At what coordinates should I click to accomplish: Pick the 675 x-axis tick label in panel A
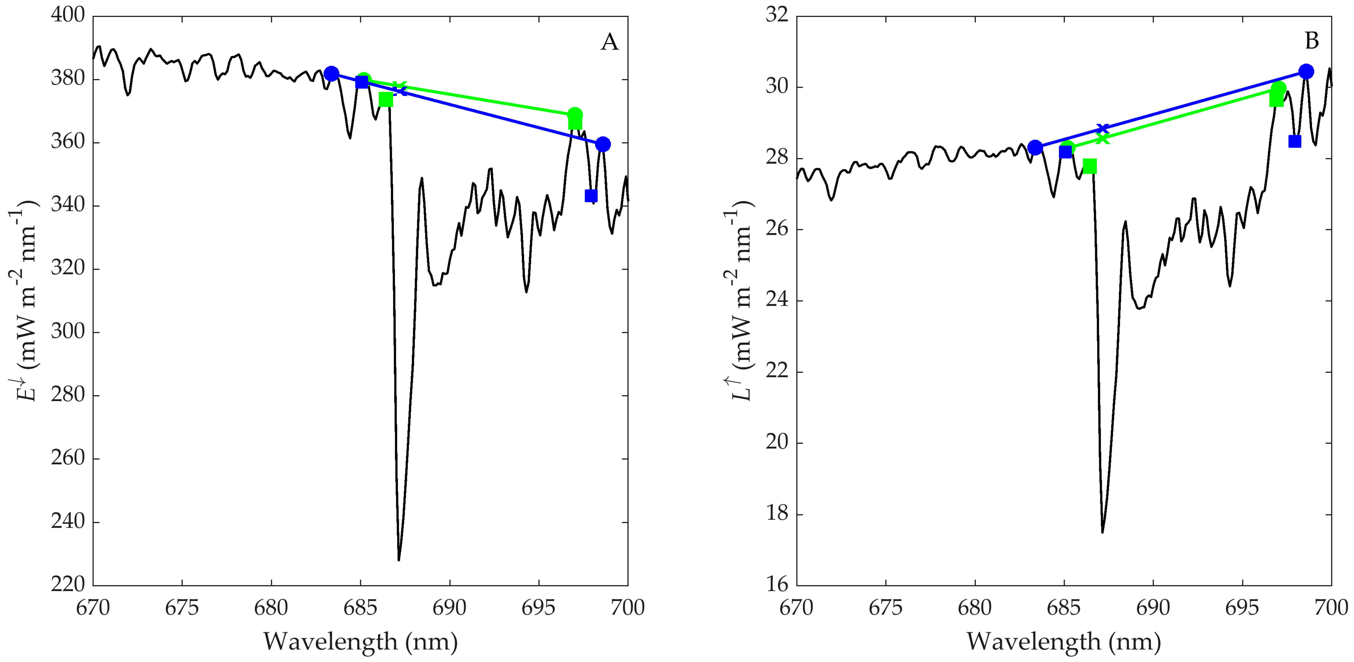[182, 608]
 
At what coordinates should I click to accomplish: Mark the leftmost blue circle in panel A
[331, 73]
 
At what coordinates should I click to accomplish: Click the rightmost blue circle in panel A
[603, 144]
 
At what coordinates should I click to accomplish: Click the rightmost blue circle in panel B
[1306, 72]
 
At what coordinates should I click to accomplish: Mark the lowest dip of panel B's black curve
[1102, 532]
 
